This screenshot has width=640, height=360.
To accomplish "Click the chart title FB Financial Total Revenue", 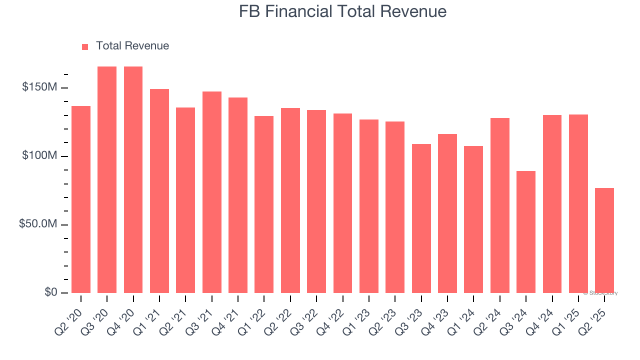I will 342,11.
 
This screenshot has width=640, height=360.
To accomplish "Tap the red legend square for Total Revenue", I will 85,46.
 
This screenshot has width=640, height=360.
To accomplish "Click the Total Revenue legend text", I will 132,46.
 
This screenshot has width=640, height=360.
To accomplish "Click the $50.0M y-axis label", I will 38,224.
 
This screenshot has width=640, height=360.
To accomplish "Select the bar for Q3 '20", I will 107,180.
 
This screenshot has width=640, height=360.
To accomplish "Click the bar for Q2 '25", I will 604,240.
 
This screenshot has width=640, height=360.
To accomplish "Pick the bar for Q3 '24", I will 526,232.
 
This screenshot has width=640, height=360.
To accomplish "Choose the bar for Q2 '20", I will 81,199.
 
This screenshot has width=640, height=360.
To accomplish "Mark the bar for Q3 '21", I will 212,192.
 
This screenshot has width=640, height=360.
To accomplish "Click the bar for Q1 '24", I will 473,219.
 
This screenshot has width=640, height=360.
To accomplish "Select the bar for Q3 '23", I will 421,218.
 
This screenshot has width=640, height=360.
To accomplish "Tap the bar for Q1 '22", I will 264,204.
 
